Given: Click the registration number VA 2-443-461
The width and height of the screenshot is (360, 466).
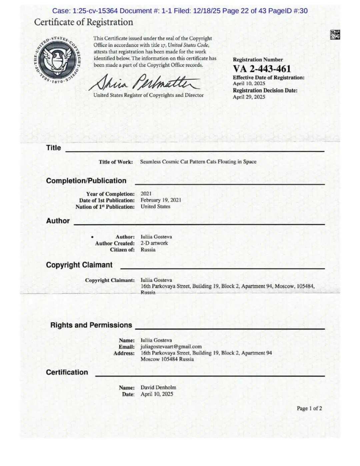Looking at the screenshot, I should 262,69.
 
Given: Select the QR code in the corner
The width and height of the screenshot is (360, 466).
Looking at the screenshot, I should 335,35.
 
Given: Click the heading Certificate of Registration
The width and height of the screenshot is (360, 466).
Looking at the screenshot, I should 83,22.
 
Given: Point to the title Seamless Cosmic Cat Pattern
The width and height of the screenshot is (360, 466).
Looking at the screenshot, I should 198,162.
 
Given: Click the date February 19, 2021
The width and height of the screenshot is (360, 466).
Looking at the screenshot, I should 161,200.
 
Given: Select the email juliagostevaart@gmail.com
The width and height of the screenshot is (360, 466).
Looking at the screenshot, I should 171,347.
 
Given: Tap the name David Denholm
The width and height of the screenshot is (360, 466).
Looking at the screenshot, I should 158,387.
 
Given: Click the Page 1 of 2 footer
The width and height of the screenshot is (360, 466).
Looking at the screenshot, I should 309,408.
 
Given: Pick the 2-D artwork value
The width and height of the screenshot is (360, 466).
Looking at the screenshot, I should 154,243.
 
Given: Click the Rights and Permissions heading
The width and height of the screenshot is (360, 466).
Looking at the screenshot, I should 91,325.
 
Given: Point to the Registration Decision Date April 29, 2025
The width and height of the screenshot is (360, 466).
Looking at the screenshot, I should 249,97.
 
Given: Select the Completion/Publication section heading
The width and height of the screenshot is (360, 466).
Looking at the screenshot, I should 86,181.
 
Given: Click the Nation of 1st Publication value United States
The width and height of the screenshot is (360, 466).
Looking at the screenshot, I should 155,206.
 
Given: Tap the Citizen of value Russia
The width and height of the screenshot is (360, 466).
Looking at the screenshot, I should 148,249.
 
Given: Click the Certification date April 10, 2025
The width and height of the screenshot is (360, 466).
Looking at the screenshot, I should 157,394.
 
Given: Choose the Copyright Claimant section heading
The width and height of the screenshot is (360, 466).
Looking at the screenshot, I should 79,265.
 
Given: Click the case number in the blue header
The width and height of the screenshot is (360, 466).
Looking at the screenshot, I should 85,11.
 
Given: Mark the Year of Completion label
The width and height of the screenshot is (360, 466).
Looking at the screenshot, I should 110,194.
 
